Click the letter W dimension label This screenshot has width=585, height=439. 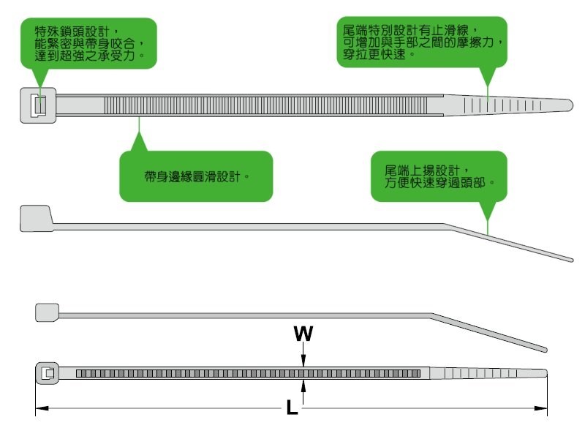303,334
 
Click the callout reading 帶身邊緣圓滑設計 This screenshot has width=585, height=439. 196,176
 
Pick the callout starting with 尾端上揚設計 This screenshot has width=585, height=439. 438,176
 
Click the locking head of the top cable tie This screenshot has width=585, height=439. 36,105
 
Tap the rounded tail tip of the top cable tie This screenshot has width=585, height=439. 567,103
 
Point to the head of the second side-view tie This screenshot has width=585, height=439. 35,218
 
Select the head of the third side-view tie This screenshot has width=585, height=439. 47,312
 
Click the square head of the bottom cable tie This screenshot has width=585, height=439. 47,374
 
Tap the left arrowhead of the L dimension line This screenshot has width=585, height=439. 40,408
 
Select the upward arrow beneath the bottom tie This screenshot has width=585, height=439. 303,387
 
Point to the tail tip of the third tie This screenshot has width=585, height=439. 543,348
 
